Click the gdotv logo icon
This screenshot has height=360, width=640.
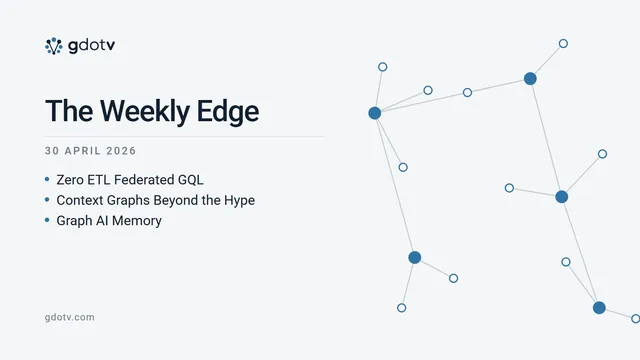click(53, 46)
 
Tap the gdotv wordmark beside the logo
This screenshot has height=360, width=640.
click(91, 45)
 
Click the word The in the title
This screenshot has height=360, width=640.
click(69, 111)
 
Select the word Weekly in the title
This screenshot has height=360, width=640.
click(145, 112)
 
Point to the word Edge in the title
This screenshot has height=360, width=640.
click(228, 112)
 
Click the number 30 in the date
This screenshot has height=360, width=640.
click(52, 151)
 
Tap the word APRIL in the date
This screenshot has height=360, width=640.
click(83, 151)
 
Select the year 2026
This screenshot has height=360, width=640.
click(121, 151)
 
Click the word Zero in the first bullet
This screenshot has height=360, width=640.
click(70, 180)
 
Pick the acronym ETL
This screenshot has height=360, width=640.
click(98, 180)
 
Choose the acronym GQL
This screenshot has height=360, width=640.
click(191, 180)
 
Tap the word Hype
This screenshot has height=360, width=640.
click(240, 200)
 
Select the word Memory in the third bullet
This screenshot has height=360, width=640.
click(137, 221)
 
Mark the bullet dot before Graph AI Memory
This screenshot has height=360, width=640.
click(47, 220)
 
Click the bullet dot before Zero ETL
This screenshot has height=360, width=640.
click(47, 179)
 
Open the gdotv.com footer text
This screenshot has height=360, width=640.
click(69, 317)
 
